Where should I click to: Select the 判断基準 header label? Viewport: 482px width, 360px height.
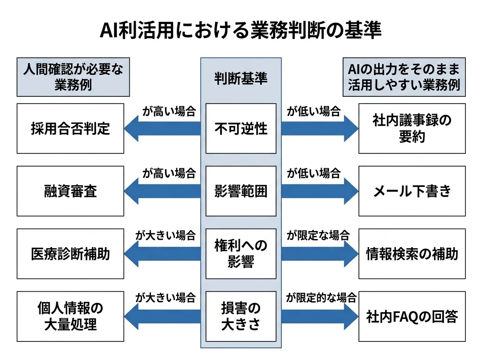click(241, 79)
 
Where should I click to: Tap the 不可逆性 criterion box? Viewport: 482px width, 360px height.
click(241, 129)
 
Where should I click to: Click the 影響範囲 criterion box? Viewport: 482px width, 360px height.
click(241, 191)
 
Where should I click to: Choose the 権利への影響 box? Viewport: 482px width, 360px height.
click(241, 254)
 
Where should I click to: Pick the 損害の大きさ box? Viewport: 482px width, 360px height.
click(241, 316)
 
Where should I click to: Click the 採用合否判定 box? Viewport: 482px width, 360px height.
click(70, 129)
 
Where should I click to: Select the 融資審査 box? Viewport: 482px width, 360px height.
click(70, 191)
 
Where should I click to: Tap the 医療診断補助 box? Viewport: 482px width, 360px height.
click(70, 254)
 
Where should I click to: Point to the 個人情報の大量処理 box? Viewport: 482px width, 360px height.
click(70, 316)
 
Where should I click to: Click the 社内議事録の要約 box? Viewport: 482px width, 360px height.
click(412, 129)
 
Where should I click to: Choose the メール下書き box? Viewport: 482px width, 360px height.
click(412, 191)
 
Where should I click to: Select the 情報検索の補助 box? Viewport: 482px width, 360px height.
click(412, 254)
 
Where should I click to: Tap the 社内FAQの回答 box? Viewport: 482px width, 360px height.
click(412, 316)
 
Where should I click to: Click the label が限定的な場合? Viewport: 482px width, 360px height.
click(321, 298)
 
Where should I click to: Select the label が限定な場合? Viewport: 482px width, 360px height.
click(317, 235)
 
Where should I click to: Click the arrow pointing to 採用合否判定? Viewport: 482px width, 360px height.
click(163, 129)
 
